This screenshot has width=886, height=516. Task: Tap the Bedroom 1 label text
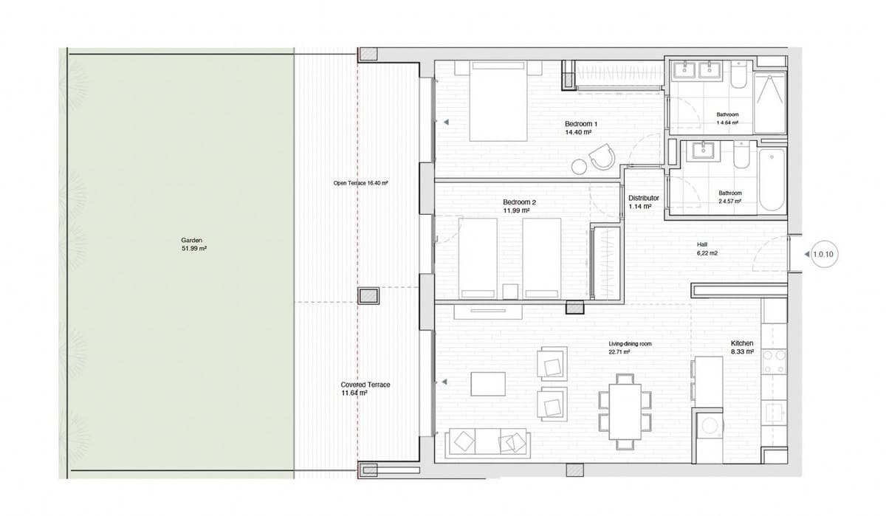pos(581,128)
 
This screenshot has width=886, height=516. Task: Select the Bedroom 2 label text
pos(519,206)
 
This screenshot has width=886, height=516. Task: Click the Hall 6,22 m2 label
pos(707,249)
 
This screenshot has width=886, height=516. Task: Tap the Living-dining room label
pos(630,348)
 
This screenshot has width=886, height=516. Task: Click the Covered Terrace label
pos(365,389)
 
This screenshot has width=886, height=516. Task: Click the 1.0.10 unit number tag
pos(822,255)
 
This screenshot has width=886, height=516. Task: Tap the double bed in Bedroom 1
pos(498,102)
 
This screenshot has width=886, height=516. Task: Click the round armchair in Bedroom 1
pos(600,157)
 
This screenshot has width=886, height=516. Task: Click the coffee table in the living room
pos(488,385)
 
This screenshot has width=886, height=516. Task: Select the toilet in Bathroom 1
pos(738,78)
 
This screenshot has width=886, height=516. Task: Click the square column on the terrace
pos(368,296)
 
